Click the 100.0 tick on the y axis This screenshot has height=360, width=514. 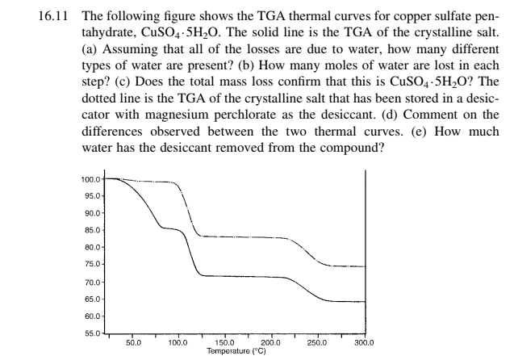(92, 178)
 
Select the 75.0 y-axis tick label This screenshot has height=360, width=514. (94, 265)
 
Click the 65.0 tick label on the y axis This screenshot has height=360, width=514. (94, 299)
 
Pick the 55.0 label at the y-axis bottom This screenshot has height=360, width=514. (94, 333)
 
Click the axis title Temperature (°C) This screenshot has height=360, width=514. (236, 352)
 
